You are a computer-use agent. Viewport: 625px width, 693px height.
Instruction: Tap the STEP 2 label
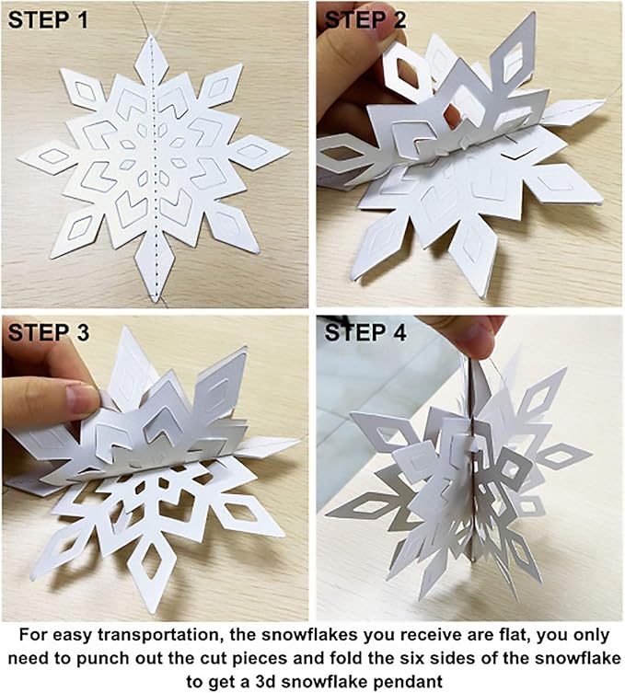coord(366,19)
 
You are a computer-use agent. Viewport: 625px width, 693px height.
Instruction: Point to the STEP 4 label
coord(366,333)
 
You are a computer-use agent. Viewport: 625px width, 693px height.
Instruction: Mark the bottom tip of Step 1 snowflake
coord(154,296)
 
